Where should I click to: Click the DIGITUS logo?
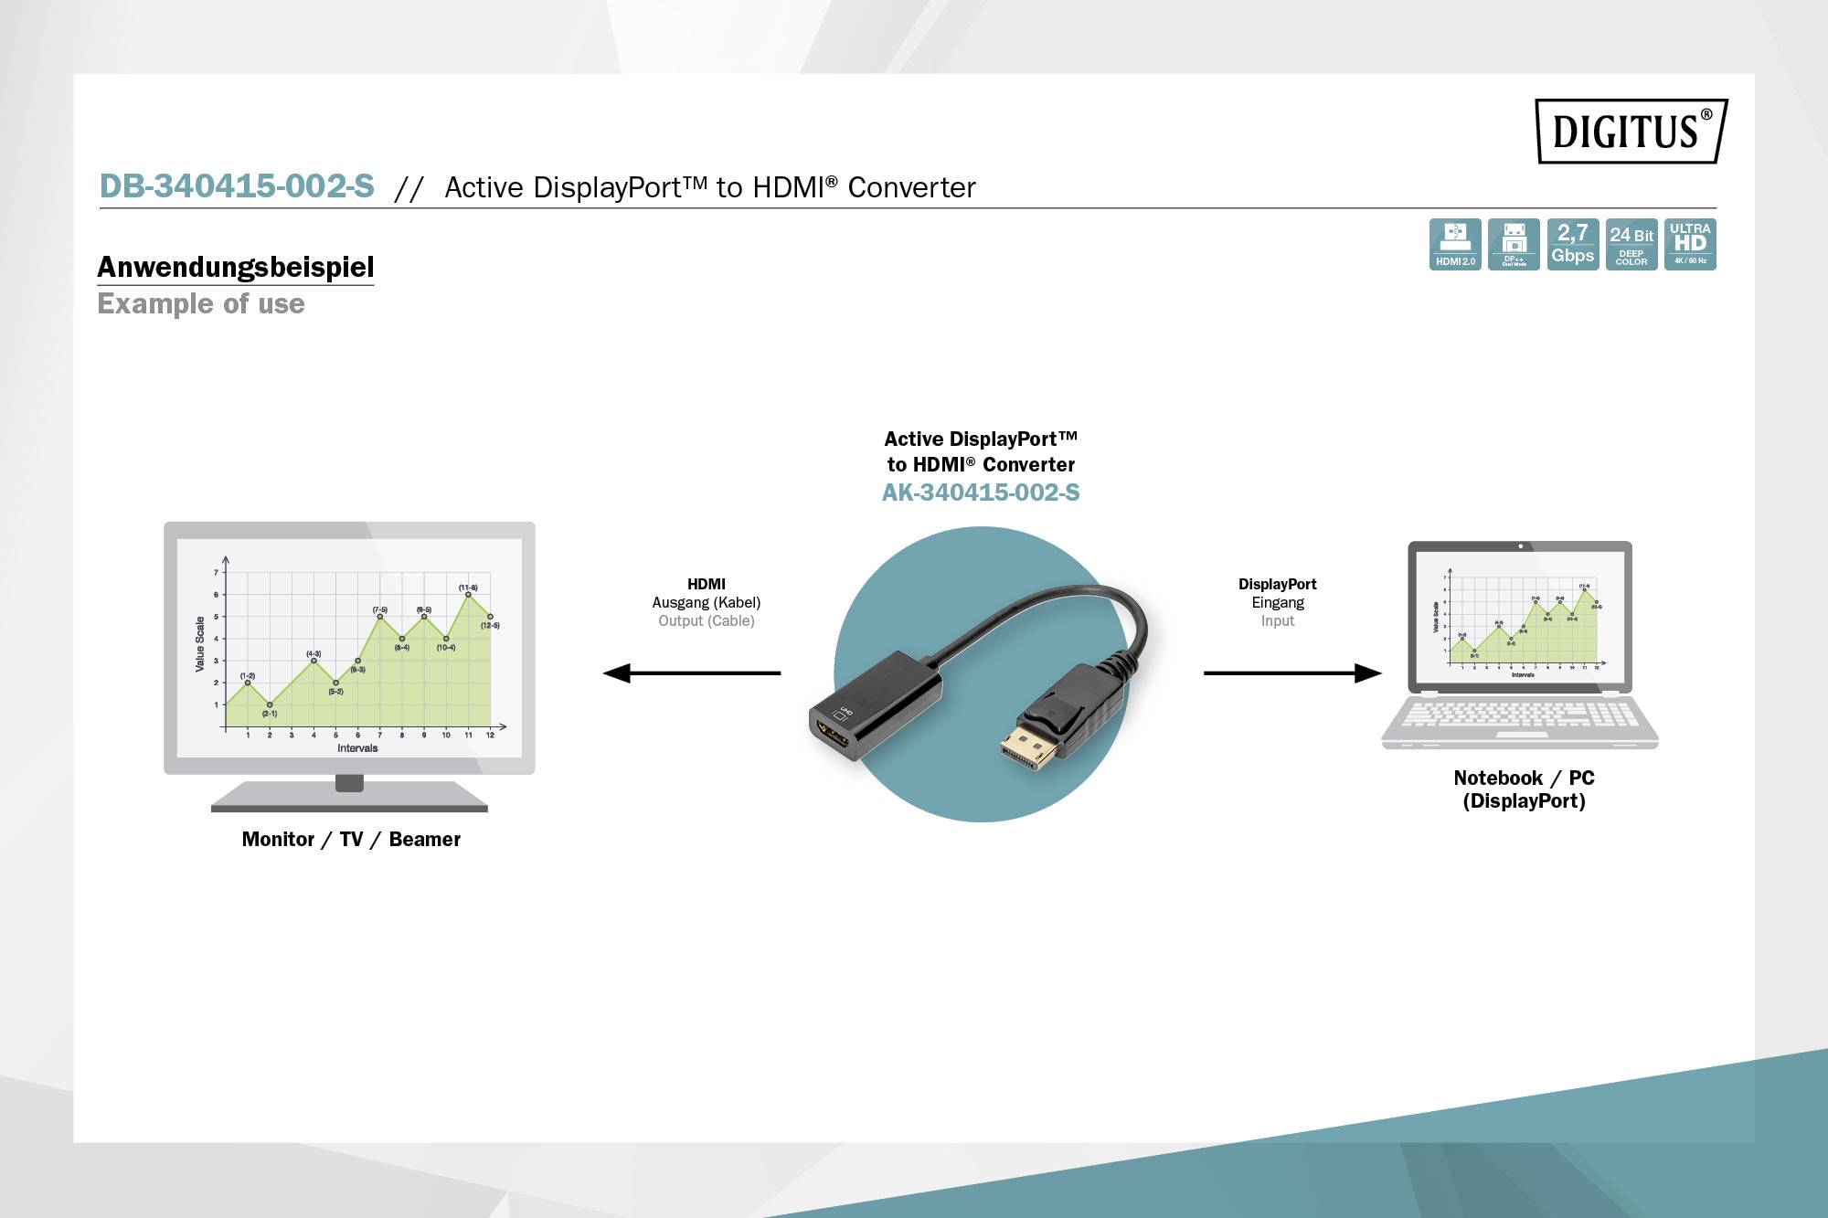click(1631, 131)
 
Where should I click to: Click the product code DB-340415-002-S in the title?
click(237, 186)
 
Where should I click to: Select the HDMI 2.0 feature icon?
click(1455, 244)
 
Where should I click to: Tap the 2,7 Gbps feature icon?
click(1572, 244)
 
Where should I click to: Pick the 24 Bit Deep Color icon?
click(1631, 244)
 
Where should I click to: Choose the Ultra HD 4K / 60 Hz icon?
click(1690, 244)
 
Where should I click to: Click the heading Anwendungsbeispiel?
click(236, 267)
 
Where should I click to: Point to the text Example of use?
click(201, 303)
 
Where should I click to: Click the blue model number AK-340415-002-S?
click(981, 492)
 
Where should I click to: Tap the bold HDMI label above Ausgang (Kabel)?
click(706, 584)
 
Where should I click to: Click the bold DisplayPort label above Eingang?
click(1277, 584)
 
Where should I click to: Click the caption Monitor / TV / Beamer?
click(351, 839)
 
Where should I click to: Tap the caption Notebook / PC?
click(1524, 778)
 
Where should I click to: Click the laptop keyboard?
click(1520, 714)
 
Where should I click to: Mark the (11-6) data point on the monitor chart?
click(468, 595)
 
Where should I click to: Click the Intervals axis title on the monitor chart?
click(357, 747)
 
